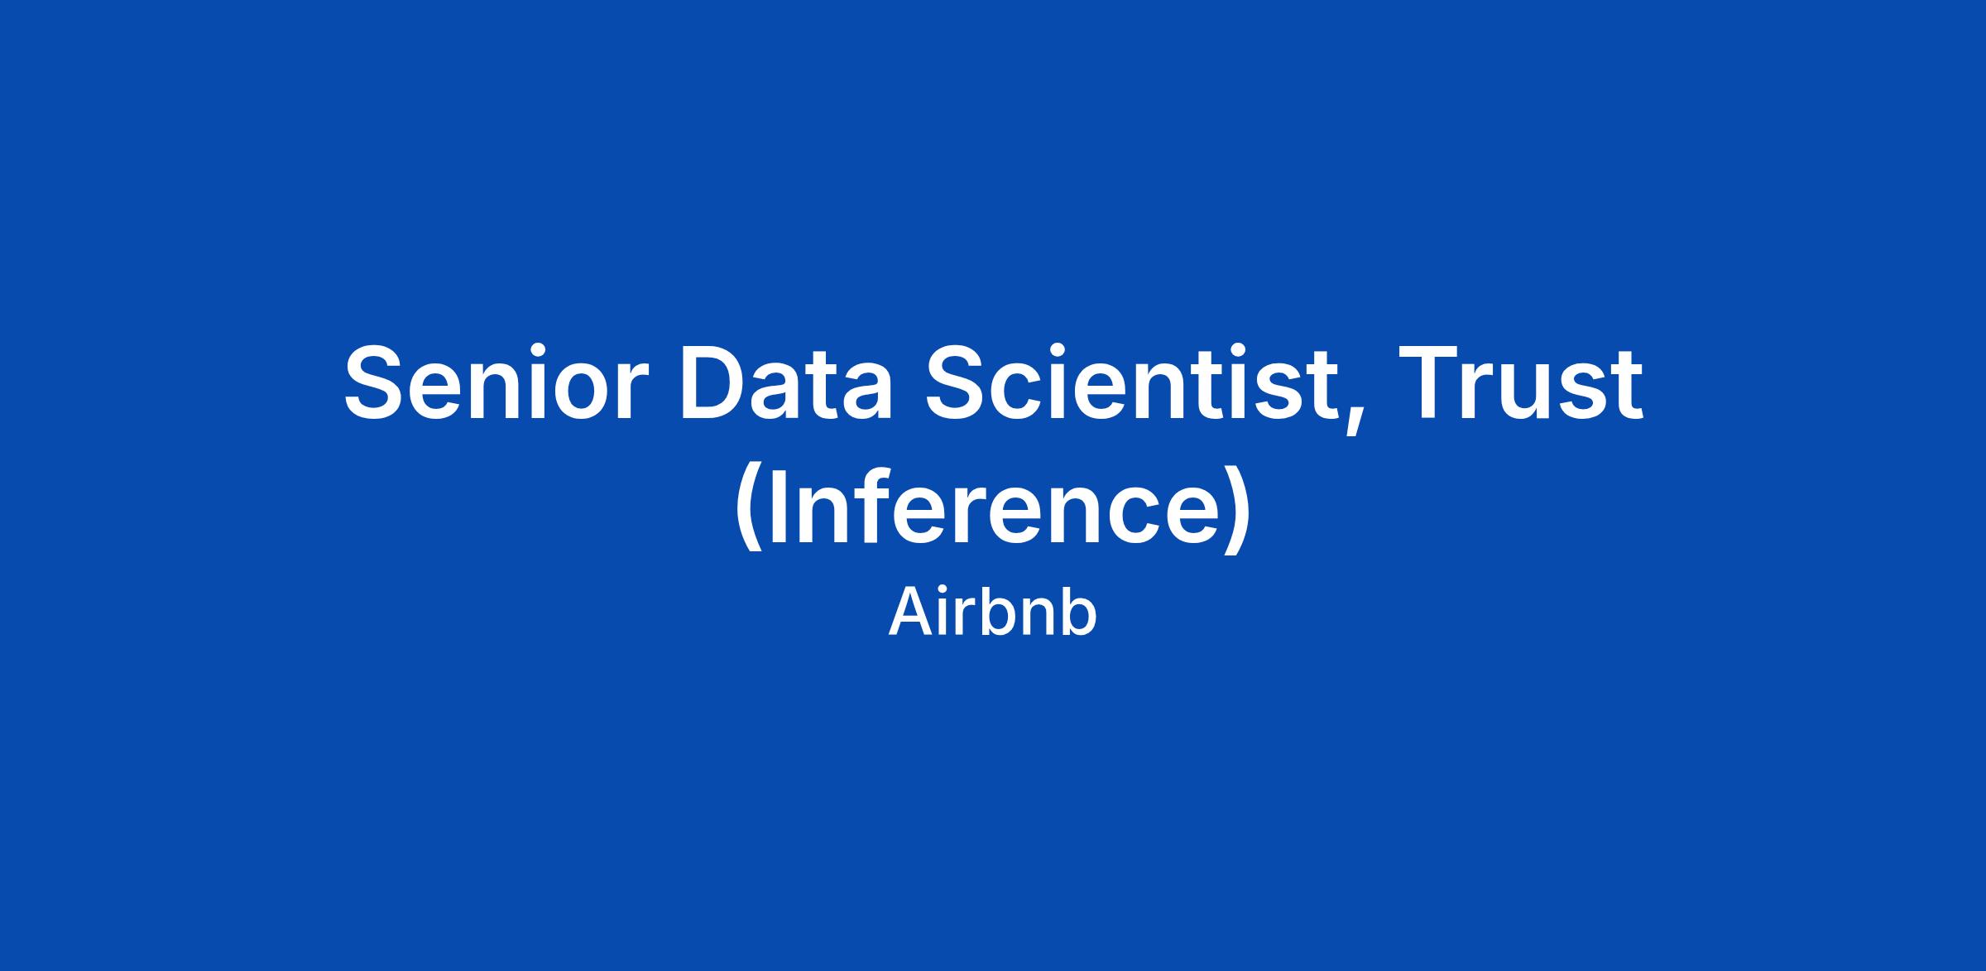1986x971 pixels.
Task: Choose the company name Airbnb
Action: pyautogui.click(x=992, y=613)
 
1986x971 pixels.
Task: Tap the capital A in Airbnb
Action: pyautogui.click(x=910, y=613)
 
